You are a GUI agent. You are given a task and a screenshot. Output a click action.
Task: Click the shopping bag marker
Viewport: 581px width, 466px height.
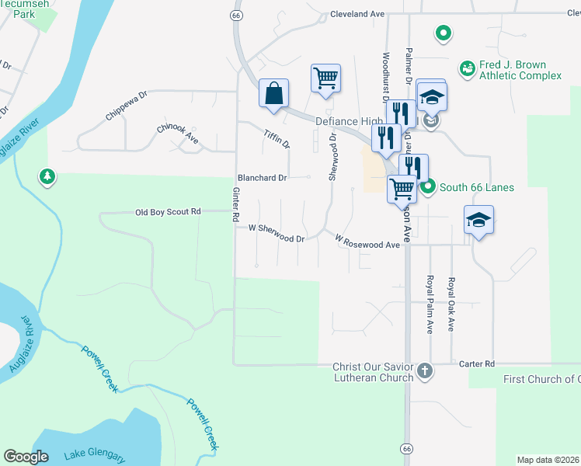pos(273,93)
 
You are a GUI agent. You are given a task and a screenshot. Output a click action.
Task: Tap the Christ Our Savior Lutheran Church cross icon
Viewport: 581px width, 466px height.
pos(424,370)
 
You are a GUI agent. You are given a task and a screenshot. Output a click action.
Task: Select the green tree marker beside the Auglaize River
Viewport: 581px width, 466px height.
pos(48,177)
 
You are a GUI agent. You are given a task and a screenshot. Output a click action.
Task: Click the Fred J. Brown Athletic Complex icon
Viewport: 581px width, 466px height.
pos(467,70)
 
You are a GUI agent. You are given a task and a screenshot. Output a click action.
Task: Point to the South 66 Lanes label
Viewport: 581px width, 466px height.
pos(476,187)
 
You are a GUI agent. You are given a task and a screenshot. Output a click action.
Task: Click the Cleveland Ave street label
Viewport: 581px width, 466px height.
pos(357,14)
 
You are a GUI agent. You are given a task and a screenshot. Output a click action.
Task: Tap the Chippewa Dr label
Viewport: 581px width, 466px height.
pos(126,108)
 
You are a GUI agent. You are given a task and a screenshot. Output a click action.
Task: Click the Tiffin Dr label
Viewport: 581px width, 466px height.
pos(276,139)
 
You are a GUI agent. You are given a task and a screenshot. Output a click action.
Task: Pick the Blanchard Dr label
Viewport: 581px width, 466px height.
pos(263,178)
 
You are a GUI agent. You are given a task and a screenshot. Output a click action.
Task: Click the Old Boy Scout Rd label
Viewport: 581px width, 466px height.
pos(168,212)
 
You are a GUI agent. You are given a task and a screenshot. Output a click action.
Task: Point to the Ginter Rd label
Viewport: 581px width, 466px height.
pos(235,206)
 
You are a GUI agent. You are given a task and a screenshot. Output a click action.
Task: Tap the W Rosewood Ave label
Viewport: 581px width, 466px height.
pos(367,243)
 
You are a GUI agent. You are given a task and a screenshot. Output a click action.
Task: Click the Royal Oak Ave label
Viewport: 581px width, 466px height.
pos(451,304)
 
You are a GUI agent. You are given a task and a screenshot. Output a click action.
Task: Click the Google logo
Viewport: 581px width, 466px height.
pos(26,457)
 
